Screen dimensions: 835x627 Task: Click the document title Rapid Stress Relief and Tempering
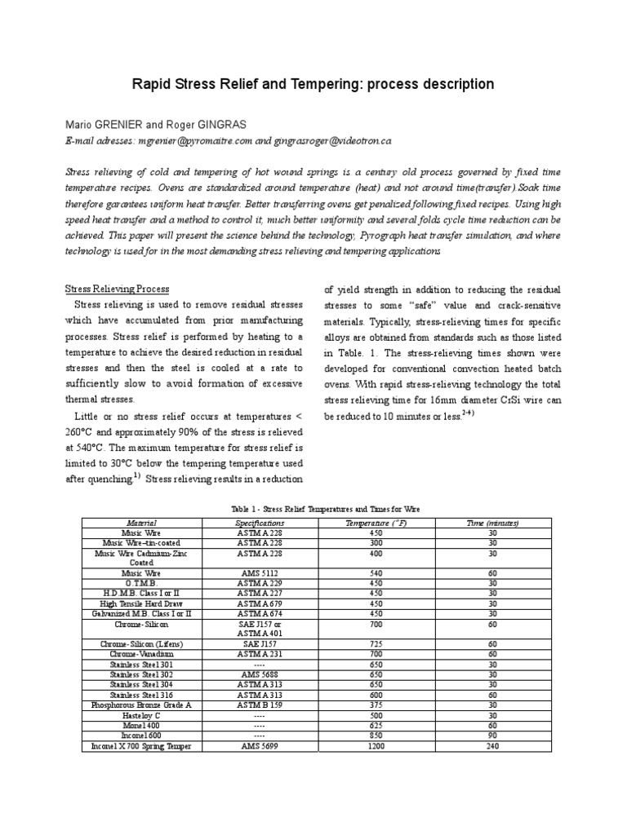(x=313, y=84)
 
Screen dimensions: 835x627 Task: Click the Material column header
(x=140, y=523)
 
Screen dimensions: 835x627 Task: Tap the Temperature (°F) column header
(x=376, y=523)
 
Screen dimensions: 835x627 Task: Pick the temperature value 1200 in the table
(x=376, y=746)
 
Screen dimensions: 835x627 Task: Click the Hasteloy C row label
(x=140, y=715)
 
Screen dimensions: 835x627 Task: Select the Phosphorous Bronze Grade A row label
(x=140, y=705)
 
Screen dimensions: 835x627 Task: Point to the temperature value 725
(x=376, y=644)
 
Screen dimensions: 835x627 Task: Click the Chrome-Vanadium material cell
(x=140, y=654)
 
